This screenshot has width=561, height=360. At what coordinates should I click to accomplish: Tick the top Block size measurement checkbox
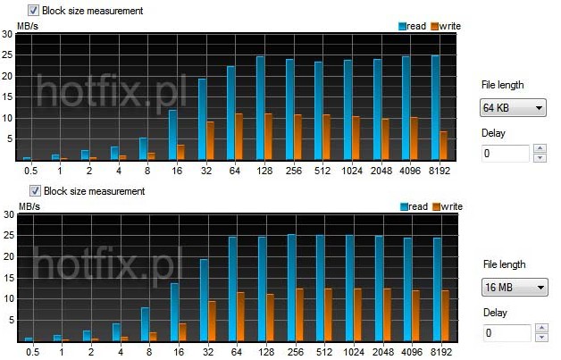33,11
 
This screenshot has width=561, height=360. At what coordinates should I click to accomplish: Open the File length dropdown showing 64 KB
513,109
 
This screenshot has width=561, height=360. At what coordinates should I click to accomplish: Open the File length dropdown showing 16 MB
513,289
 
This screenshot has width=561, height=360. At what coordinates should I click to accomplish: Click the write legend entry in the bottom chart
448,207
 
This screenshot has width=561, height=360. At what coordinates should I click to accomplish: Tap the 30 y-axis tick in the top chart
7,34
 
